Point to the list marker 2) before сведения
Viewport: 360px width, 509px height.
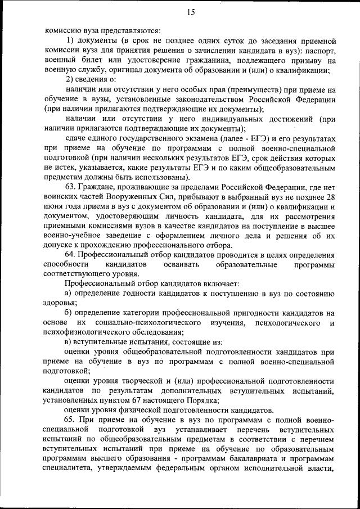(70, 80)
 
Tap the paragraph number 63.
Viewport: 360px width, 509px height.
(71, 187)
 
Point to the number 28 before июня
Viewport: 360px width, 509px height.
(331, 197)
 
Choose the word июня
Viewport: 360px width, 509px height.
(55, 207)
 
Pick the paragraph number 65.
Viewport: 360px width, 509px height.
(71, 420)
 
